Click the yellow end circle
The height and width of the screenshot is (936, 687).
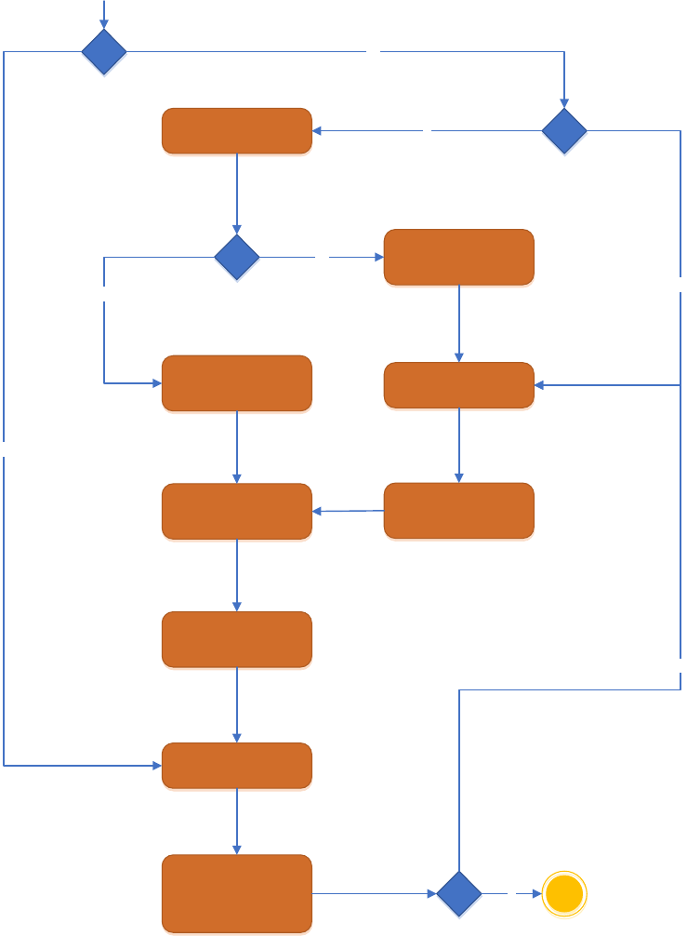coord(564,894)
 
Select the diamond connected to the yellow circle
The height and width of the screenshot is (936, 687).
coord(459,894)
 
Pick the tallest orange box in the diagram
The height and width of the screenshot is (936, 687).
coord(237,893)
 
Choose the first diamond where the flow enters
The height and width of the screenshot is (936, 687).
coord(104,52)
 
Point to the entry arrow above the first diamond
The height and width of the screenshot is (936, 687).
coord(104,14)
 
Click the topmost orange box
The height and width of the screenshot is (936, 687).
coord(237,131)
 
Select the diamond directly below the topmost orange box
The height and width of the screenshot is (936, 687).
coord(237,257)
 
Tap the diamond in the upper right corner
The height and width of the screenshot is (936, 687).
coord(564,131)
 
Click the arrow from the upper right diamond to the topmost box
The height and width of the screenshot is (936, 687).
coord(428,131)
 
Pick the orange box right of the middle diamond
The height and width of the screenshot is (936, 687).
coord(459,257)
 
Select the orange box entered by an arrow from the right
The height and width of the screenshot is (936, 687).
coord(459,384)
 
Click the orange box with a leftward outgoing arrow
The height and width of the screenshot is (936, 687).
coord(459,510)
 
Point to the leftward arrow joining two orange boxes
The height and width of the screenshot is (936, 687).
coord(349,511)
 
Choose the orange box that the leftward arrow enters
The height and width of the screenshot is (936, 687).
coord(237,511)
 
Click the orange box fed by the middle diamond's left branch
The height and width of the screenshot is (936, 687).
coord(237,383)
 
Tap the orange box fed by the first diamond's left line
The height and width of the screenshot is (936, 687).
coord(237,766)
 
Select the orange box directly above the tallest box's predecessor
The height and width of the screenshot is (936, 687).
coord(237,639)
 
